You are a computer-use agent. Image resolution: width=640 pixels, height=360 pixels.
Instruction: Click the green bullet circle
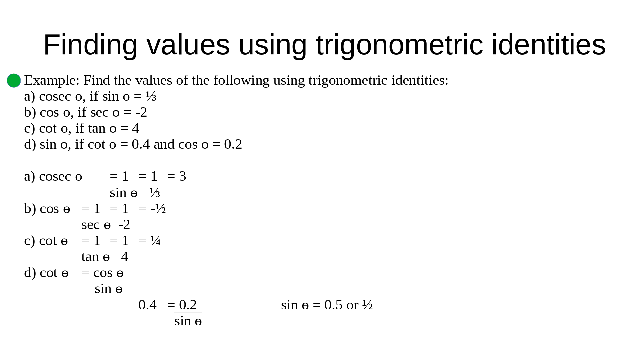point(14,81)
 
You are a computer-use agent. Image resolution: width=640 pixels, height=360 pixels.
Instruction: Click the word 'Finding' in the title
point(90,45)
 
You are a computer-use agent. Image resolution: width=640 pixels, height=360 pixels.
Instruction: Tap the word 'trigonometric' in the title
point(399,45)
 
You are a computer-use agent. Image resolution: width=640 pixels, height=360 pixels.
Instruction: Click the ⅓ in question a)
point(151,96)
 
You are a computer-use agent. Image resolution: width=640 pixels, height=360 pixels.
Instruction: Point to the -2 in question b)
point(141,112)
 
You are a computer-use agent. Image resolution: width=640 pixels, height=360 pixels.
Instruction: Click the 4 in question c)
point(136,128)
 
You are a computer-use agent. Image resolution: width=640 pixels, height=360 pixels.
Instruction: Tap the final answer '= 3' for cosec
point(177,176)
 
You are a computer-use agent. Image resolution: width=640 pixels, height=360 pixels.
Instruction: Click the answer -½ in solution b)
point(158,209)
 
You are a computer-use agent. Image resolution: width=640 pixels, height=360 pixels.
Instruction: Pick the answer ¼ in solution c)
point(155,241)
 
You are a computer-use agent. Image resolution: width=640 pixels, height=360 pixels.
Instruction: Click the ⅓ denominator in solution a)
point(155,193)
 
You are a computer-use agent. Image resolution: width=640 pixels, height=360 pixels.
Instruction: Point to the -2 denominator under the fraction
point(124,225)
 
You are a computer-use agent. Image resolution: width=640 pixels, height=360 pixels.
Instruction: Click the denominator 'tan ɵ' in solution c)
point(96,257)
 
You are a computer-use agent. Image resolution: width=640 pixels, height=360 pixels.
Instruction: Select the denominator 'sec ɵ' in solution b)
point(96,225)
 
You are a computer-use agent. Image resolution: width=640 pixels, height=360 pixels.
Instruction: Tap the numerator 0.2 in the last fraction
point(188,305)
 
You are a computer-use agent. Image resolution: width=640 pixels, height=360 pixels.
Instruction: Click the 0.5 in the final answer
point(333,305)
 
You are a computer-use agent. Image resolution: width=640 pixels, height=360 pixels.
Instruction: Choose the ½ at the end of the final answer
point(367,305)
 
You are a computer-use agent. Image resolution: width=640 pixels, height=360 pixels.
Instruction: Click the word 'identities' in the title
point(549,45)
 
